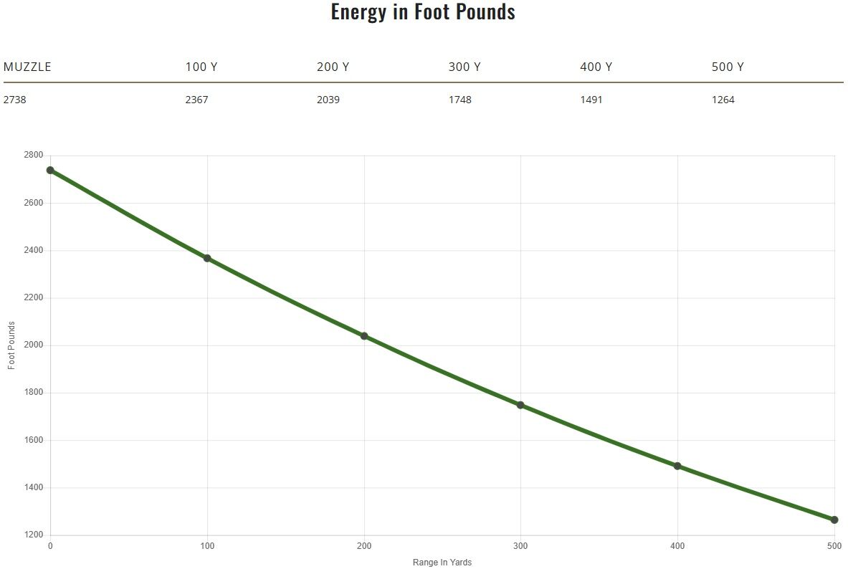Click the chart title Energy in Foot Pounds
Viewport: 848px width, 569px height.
[x=423, y=12]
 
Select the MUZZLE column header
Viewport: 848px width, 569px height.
[x=27, y=67]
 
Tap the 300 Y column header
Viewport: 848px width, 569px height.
[x=465, y=67]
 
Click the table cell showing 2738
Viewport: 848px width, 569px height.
[x=15, y=100]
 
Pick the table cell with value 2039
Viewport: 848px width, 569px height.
[x=328, y=100]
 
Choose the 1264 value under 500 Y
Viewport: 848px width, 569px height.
[x=723, y=100]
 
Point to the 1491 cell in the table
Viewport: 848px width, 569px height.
[x=591, y=100]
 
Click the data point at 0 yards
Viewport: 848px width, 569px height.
[x=50, y=171]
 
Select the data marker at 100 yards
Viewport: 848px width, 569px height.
[x=207, y=258]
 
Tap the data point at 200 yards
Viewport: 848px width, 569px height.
[x=364, y=336]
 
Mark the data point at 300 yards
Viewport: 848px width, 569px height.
[x=520, y=405]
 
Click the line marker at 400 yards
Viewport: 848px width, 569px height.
[x=677, y=466]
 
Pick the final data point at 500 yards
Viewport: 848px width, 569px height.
[x=834, y=520]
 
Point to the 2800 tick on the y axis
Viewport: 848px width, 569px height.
[x=34, y=156]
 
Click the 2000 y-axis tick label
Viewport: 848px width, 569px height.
[x=34, y=345]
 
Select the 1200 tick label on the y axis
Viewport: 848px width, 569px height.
[x=34, y=535]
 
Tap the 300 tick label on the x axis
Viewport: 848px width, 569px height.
[x=520, y=546]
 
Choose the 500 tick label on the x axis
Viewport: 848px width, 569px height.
[x=834, y=546]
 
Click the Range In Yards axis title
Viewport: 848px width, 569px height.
[x=442, y=563]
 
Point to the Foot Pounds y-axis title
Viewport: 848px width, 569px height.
[x=11, y=345]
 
